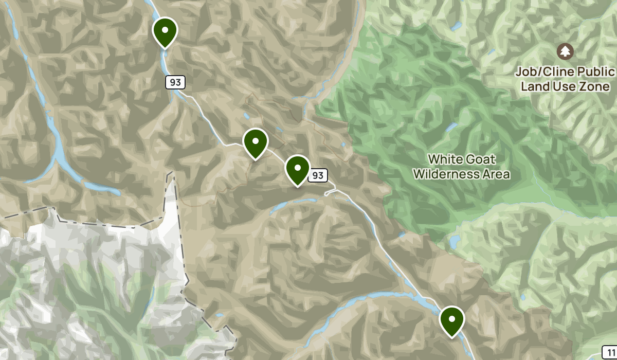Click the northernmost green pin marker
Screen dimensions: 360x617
[165, 30]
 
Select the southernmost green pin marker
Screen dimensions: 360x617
[452, 319]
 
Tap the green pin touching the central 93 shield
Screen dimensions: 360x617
[297, 169]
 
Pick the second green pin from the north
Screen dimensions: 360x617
[255, 141]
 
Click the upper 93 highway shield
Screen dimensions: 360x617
[175, 82]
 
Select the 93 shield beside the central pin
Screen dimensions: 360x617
[318, 175]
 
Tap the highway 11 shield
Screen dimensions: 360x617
[610, 352]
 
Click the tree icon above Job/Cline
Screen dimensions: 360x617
[565, 51]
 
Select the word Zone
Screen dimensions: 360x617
[596, 86]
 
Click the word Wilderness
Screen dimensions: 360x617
[446, 174]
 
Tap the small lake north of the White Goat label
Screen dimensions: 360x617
[451, 126]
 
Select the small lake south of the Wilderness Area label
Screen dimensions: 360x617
[455, 241]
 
